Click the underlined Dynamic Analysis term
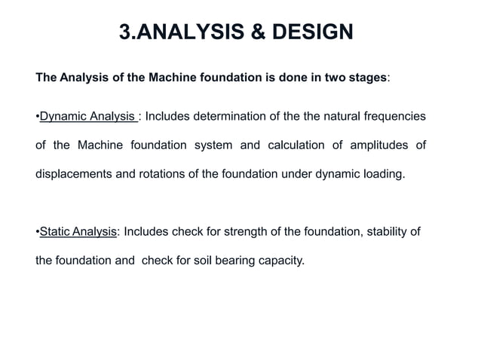click(87, 117)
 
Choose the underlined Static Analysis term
click(78, 232)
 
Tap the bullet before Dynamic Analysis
click(37, 117)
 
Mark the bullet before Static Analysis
click(37, 232)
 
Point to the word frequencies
click(392, 117)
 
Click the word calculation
click(297, 145)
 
